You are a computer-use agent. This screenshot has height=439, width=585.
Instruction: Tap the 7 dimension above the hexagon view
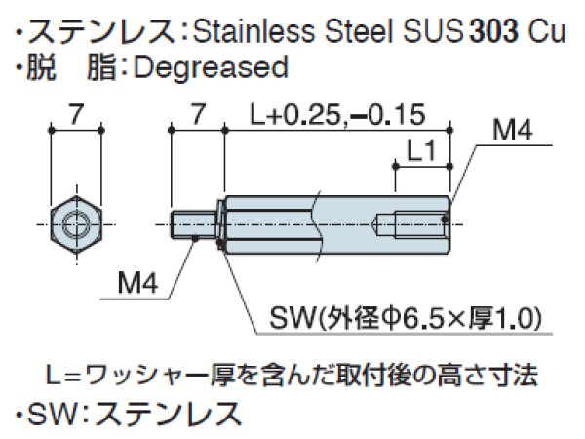click(75, 114)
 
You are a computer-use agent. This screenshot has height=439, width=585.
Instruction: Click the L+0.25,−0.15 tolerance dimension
click(336, 114)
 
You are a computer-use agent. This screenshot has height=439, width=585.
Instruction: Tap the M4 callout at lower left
click(137, 284)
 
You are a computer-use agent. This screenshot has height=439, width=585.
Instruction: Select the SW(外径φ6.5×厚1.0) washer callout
click(405, 319)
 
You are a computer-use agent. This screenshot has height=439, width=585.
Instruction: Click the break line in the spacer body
click(314, 223)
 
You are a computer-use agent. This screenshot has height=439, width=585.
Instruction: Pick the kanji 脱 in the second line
click(37, 67)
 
